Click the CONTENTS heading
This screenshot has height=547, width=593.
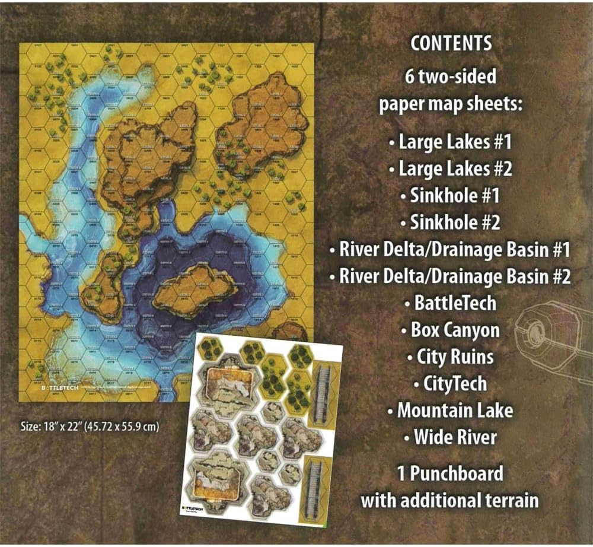pos(451,43)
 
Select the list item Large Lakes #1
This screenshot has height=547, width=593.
pos(450,142)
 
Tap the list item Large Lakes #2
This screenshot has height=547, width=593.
pos(450,169)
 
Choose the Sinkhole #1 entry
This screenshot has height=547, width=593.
pos(450,196)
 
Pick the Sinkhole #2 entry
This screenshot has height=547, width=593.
pos(450,222)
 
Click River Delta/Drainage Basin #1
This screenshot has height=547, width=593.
pos(450,250)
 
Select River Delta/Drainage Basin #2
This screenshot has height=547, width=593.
pos(450,276)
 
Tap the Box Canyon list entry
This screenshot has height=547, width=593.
pos(450,330)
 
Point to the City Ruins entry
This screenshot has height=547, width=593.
pos(450,357)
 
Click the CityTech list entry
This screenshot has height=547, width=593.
pos(450,383)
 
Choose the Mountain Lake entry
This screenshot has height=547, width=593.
pos(450,410)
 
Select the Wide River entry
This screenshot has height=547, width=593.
pos(450,437)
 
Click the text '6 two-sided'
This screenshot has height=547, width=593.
pos(451,77)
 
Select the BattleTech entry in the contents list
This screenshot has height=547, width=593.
pos(450,303)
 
